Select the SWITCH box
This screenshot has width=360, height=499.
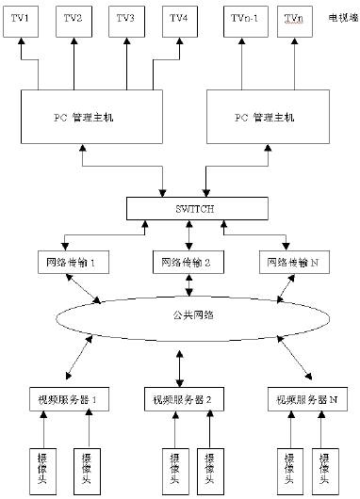[180, 208]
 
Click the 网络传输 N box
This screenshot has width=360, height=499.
[294, 261]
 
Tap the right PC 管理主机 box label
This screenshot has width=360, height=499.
[264, 119]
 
